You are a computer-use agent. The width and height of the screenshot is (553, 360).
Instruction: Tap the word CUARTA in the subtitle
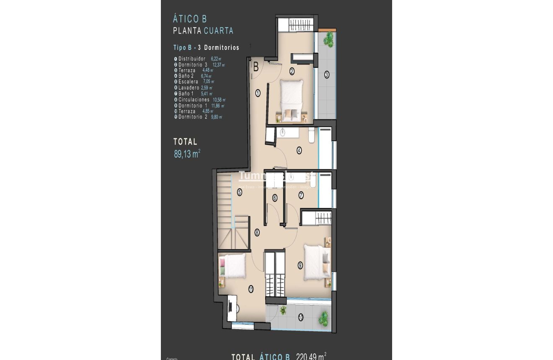[x=218, y=31]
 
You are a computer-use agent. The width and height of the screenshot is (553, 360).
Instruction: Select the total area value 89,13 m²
[x=187, y=154]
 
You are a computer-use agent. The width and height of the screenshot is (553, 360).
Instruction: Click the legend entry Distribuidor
[x=192, y=59]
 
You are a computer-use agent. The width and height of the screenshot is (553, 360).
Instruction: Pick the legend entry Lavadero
[x=189, y=88]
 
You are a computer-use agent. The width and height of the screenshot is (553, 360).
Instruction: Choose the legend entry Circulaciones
[x=194, y=100]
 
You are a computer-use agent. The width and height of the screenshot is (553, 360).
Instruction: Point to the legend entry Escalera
[x=188, y=82]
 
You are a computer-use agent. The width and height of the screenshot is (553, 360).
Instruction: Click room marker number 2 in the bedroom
[x=292, y=71]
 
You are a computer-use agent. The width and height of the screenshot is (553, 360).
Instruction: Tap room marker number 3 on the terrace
[x=327, y=75]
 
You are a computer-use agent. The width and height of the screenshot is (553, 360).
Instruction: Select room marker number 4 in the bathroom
[x=299, y=150]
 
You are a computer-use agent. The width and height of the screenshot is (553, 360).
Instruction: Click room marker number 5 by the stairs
[x=240, y=192]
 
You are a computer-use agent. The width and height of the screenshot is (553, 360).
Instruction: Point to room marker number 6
[x=275, y=198]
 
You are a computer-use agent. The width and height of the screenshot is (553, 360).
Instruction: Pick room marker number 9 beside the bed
[x=300, y=265]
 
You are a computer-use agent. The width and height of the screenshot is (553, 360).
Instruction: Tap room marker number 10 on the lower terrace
[x=301, y=318]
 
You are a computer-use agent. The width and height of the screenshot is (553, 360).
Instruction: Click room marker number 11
[x=251, y=289]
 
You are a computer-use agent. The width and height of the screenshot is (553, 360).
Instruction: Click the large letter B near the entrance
[x=256, y=67]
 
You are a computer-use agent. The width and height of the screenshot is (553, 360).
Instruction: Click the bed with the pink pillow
[x=232, y=266]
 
